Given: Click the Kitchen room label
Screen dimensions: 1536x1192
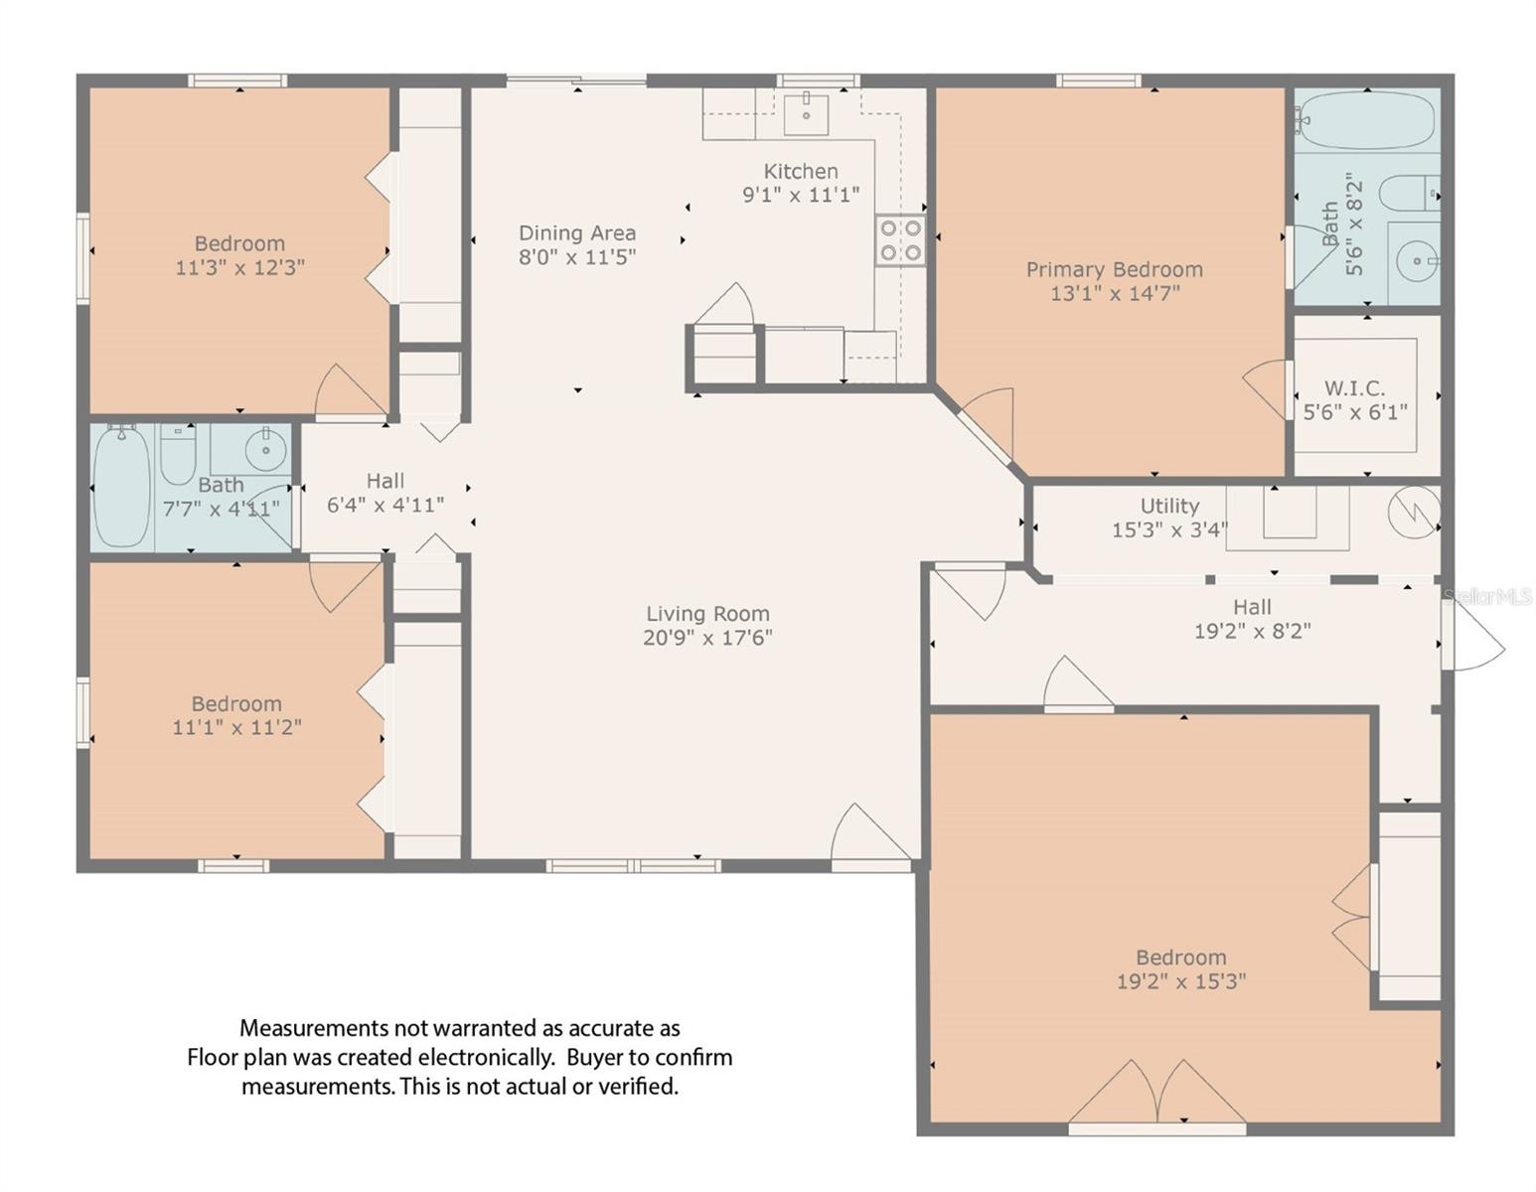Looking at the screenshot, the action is tap(800, 171).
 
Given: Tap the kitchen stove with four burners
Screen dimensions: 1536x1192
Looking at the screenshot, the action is tap(900, 240).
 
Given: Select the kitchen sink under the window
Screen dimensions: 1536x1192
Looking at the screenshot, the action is tap(806, 113).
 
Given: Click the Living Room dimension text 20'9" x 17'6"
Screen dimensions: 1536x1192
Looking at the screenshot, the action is tap(707, 638).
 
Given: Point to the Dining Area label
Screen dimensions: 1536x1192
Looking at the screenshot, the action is tap(577, 233).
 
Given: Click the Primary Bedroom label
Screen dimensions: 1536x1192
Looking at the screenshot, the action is tap(1114, 269).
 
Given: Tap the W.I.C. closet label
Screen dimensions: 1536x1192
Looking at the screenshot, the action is tap(1354, 388).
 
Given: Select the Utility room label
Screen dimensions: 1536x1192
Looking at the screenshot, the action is tap(1169, 506).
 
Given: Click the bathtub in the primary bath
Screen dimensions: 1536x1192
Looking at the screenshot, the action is tap(1367, 121).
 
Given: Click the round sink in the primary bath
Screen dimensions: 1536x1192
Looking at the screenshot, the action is tap(1417, 260).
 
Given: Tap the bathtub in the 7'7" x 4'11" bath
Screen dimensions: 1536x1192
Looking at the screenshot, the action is tap(121, 486).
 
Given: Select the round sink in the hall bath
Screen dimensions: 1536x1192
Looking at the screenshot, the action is tap(266, 449).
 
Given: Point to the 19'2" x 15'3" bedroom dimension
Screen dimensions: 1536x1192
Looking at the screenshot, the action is tap(1181, 981).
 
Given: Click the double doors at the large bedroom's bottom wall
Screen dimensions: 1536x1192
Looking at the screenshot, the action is tap(1157, 1093).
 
